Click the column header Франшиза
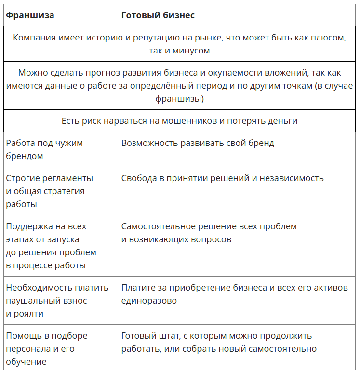[30, 15]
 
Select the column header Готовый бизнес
[158, 15]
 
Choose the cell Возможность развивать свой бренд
[198, 143]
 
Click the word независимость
[292, 178]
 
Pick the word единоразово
[149, 301]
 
